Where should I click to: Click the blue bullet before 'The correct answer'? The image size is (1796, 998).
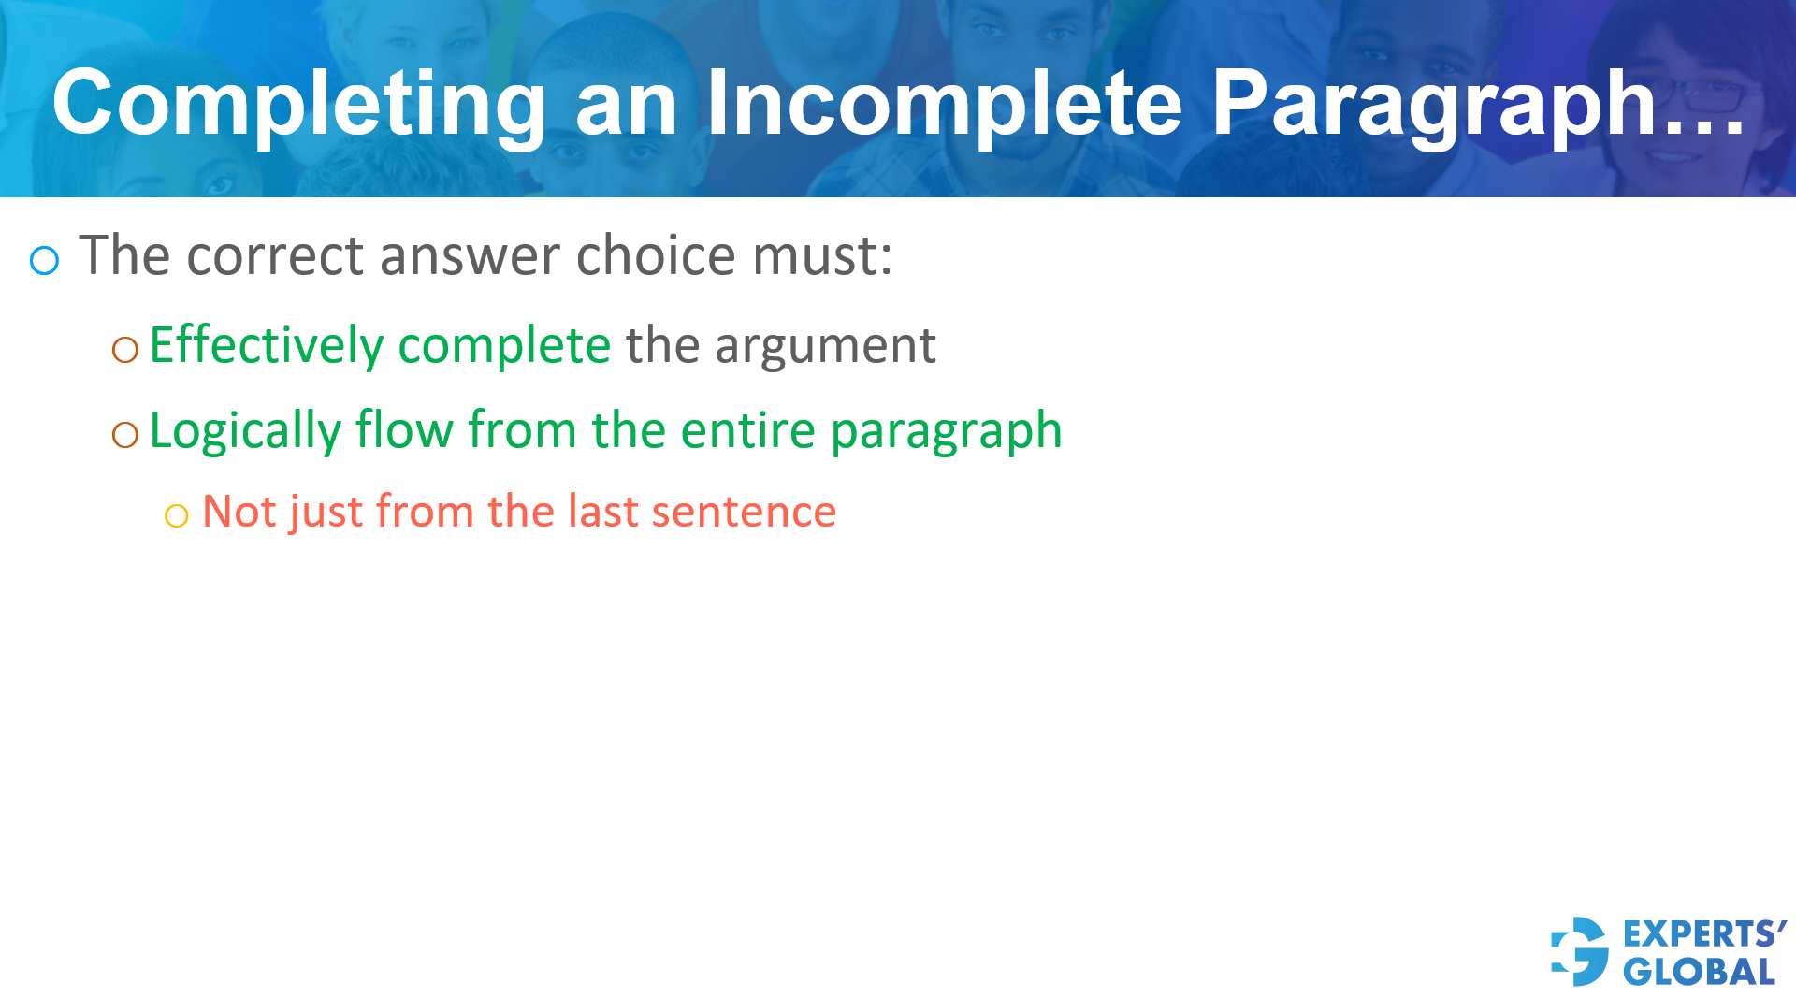click(x=44, y=260)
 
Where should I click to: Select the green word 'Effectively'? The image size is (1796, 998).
click(x=266, y=345)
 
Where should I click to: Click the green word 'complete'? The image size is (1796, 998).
click(x=504, y=345)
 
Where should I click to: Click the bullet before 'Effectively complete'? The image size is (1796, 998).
click(x=125, y=350)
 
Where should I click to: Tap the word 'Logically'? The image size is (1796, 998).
click(x=245, y=431)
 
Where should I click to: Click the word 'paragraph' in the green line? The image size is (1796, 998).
click(x=946, y=432)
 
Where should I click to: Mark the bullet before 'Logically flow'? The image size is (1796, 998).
click(x=125, y=434)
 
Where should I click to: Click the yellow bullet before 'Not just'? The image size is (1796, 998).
click(x=176, y=515)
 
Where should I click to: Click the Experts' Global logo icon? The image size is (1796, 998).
click(x=1581, y=951)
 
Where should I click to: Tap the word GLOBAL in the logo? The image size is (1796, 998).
click(x=1699, y=972)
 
